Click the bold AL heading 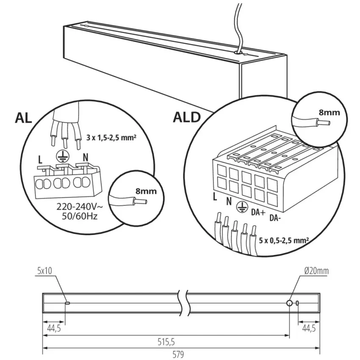[x=23, y=118]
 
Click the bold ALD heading [x=187, y=117]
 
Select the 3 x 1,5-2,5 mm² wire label [x=111, y=138]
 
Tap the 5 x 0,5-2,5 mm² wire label [x=284, y=241]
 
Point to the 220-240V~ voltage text [x=80, y=207]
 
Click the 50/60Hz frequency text [x=80, y=216]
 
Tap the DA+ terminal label [x=258, y=212]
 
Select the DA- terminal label [x=275, y=218]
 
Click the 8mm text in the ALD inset [x=329, y=113]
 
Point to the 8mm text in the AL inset [x=146, y=191]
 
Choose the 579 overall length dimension [x=178, y=354]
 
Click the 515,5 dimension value [x=166, y=342]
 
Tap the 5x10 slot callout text [x=44, y=271]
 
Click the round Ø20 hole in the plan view [x=289, y=303]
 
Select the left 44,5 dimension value [x=54, y=329]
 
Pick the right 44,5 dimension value [x=309, y=329]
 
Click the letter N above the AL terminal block [x=86, y=158]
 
